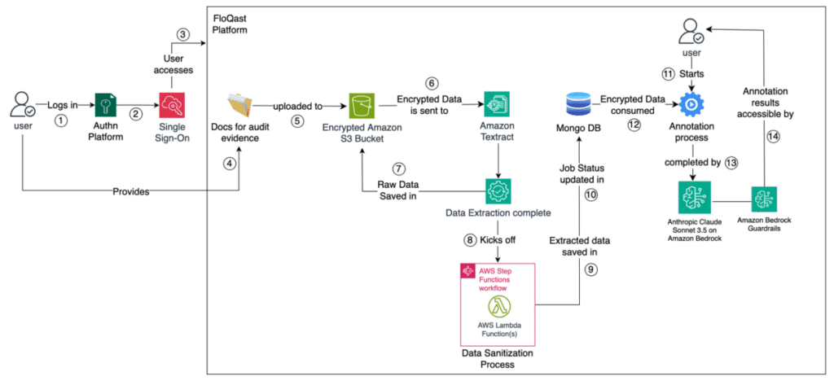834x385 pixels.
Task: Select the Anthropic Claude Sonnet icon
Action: tap(693, 199)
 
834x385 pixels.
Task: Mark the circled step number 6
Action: tap(432, 83)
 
